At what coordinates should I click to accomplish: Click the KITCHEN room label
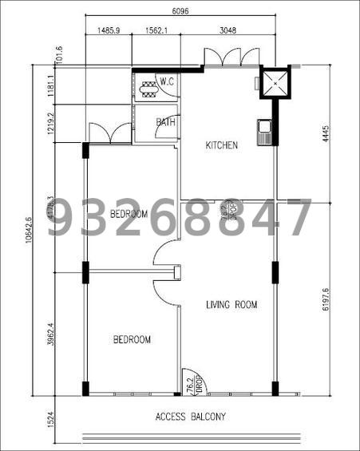pos(222,145)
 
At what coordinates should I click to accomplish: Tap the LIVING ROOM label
pos(232,304)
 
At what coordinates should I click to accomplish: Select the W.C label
pos(167,81)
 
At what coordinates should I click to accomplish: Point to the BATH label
pos(165,122)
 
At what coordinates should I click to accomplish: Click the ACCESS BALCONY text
pos(191,417)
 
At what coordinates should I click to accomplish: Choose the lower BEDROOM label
pos(132,340)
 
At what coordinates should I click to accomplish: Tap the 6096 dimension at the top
pos(181,11)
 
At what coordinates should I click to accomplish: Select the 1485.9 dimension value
pos(108,30)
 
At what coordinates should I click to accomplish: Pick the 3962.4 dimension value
pos(50,334)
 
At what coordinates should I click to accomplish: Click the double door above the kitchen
pos(222,58)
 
